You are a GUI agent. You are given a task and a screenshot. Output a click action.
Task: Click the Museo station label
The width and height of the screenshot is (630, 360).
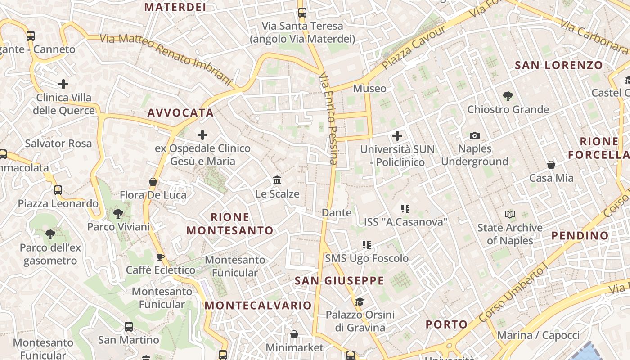[x=369, y=88]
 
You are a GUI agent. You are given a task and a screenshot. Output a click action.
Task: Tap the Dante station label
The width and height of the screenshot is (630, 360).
[x=337, y=212]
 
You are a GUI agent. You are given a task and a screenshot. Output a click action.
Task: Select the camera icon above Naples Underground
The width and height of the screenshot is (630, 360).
[x=474, y=135]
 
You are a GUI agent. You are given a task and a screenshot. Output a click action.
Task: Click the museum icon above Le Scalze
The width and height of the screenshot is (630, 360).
[x=277, y=180]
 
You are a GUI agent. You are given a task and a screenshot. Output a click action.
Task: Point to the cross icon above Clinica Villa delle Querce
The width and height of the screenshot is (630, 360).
[x=63, y=84]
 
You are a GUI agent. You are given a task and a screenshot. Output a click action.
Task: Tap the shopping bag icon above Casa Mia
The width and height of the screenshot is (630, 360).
[x=551, y=165]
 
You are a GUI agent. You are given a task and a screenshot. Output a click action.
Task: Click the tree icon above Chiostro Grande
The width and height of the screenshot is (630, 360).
[x=508, y=96]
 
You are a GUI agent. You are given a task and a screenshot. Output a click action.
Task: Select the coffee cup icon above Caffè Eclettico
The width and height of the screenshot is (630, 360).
[x=160, y=257]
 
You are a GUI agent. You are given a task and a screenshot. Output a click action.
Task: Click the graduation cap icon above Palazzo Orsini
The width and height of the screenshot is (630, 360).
[x=360, y=301]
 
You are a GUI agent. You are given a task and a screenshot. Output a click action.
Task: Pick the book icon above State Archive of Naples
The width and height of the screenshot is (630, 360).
[x=510, y=214]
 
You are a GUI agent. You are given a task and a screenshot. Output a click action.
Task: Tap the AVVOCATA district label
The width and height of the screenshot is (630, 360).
[x=180, y=112]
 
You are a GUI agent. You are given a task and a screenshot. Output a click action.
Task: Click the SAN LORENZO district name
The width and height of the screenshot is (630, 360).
[x=558, y=65]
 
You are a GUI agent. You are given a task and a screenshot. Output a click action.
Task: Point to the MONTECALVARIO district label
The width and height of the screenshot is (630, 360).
[x=258, y=305]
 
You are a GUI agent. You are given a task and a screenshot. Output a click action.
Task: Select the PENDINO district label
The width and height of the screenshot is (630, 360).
[x=580, y=235]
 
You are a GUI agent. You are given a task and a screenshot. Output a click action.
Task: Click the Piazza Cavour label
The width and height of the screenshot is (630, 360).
[x=414, y=48]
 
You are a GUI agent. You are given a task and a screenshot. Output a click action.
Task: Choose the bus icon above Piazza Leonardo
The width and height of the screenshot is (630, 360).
[x=58, y=190]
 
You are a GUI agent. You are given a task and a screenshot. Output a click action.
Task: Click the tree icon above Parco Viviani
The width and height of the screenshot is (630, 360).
[x=118, y=213]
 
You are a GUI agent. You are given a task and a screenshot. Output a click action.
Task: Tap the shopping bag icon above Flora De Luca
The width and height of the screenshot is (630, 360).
[x=153, y=182]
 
